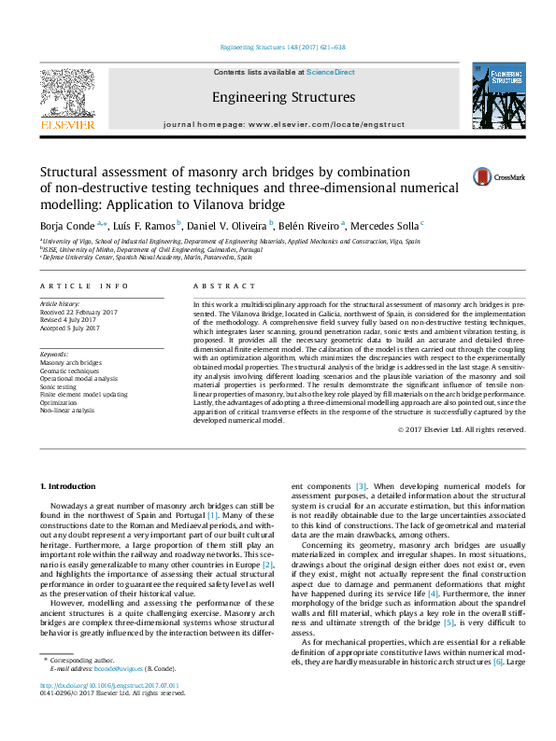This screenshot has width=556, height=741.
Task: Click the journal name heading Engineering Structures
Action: [x=283, y=97]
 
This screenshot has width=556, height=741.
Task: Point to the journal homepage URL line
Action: [x=283, y=124]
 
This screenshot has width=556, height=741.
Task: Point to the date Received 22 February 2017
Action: [x=79, y=312]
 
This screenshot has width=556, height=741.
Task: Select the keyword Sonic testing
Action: [x=59, y=385]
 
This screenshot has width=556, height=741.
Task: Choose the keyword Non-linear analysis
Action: [x=66, y=410]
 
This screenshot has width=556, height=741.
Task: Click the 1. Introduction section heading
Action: [x=71, y=487]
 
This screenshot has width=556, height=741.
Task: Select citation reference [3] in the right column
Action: [x=361, y=487]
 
